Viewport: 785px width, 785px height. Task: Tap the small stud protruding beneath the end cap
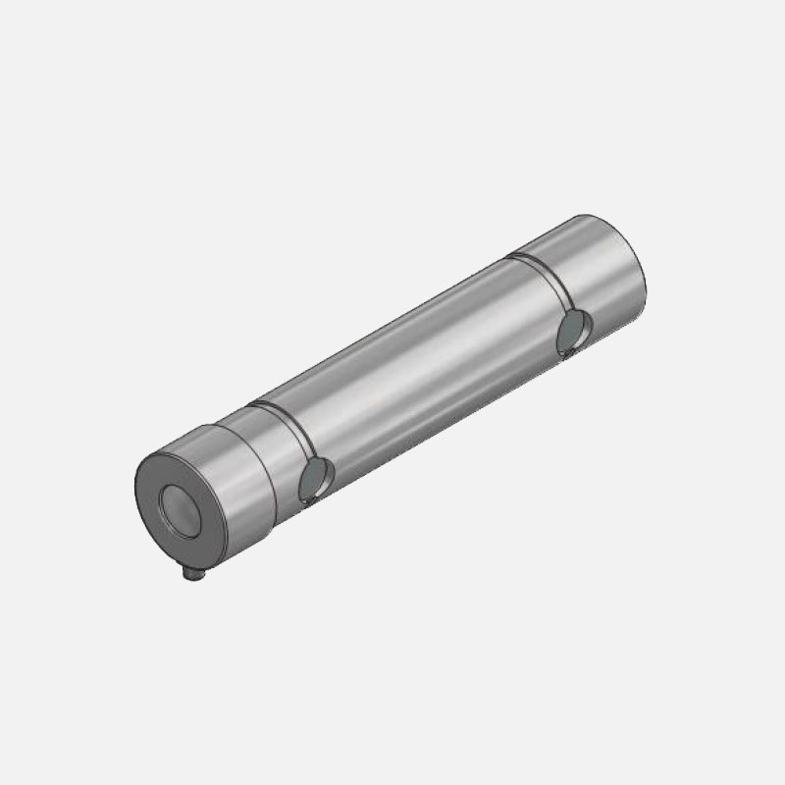189,577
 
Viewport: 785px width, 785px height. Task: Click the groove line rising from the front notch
294,432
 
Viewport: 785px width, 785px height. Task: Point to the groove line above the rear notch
549,285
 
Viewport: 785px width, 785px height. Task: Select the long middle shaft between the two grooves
422,363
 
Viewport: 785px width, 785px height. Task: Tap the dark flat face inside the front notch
313,482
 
